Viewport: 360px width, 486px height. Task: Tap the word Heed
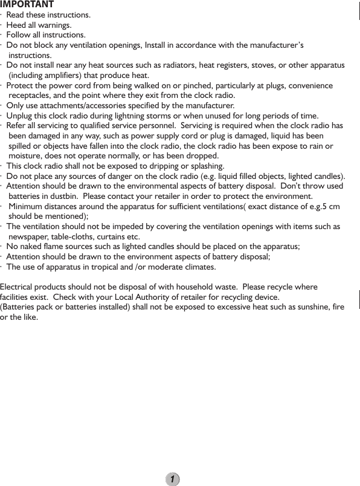point(16,25)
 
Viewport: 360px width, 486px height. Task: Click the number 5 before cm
point(324,207)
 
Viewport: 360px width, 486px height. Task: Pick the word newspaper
point(31,237)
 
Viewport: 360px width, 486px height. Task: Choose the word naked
point(33,247)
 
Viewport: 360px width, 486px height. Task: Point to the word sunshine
point(309,308)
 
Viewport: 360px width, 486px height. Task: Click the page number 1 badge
point(173,479)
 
